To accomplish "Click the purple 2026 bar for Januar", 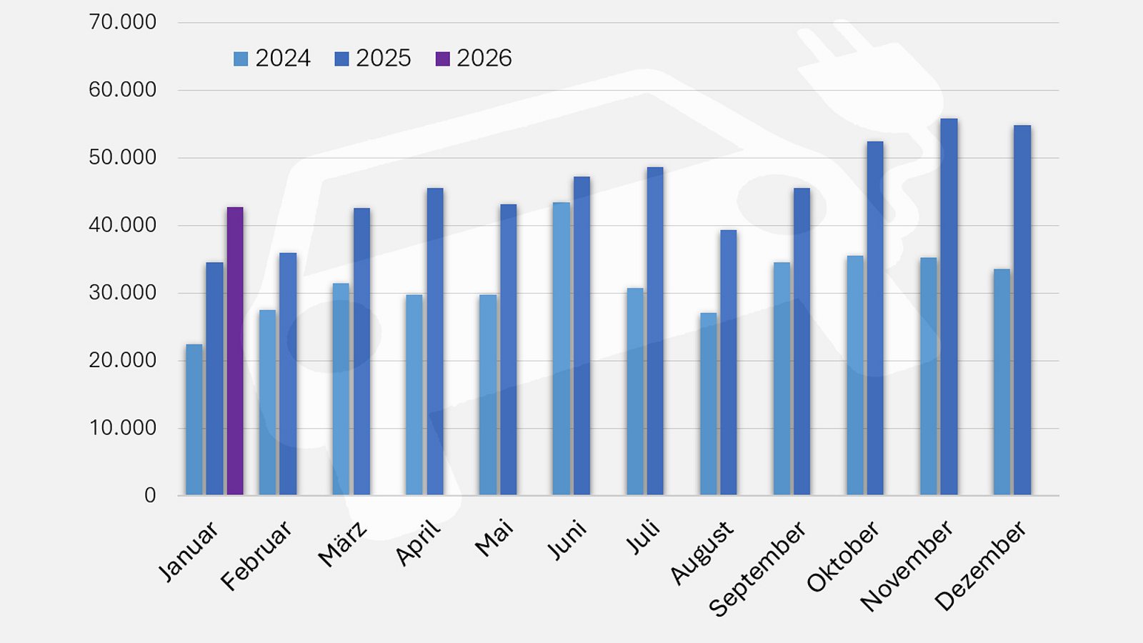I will [235, 351].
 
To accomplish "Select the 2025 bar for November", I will [949, 306].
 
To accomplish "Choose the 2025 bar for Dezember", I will [1022, 310].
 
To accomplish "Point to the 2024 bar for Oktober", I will [855, 375].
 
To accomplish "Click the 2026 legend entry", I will [474, 59].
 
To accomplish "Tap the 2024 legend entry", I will [272, 59].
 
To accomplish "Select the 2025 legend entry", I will [373, 59].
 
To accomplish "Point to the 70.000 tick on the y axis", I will [122, 22].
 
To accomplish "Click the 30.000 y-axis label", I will [122, 293].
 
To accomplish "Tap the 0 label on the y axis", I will [150, 495].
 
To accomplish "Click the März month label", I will [343, 544].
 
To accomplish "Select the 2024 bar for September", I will [782, 379].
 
